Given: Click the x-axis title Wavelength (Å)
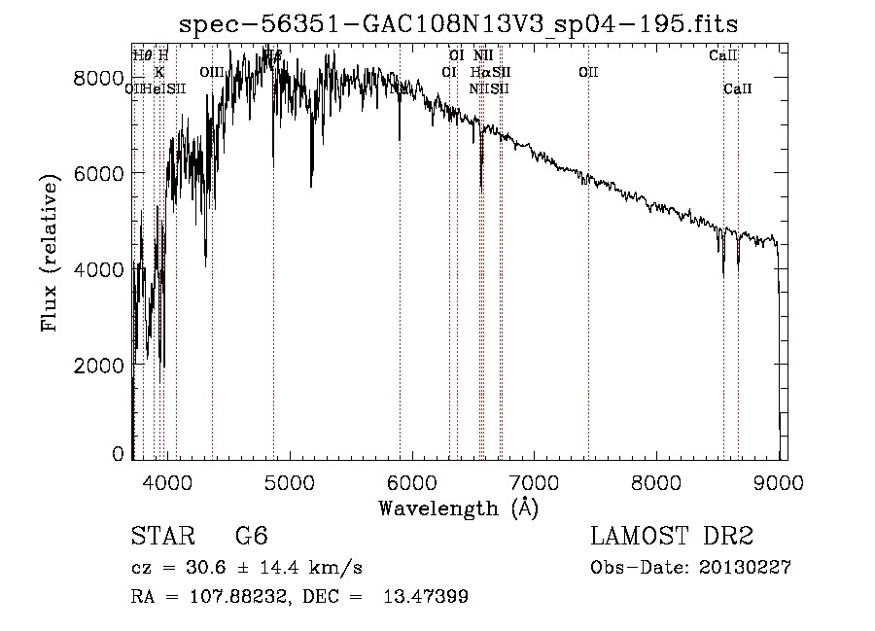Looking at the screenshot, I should pos(458,508).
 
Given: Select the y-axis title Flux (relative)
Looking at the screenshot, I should pos(50,253).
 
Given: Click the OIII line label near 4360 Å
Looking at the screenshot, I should pos(212,72).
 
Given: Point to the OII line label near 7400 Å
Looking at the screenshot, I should pos(587,72).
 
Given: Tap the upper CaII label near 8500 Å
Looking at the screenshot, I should pos(723,55).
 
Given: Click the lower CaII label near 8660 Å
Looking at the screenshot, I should pos(738,88).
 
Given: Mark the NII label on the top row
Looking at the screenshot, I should pos(484,55).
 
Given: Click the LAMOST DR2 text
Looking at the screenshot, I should pos(672,538).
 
